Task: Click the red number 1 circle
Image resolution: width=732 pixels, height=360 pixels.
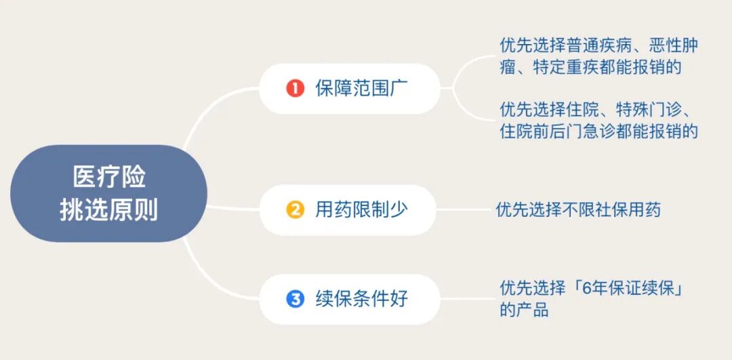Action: (295, 88)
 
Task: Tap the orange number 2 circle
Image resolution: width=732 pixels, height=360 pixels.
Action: (295, 209)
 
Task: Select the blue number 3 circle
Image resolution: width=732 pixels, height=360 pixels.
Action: (295, 298)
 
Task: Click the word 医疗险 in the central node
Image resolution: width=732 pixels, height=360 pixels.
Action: (108, 178)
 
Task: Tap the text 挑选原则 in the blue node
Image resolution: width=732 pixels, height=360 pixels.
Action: (108, 210)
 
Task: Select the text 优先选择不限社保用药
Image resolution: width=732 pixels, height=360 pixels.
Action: (577, 209)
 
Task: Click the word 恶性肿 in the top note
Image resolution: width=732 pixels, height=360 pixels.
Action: (673, 46)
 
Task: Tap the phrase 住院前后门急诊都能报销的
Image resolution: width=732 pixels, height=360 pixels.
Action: (598, 131)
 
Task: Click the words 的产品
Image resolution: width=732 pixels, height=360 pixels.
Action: (524, 311)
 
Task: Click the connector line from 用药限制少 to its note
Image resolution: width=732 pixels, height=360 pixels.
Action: (465, 209)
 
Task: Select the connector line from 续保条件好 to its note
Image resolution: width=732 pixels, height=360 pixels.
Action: (465, 298)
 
